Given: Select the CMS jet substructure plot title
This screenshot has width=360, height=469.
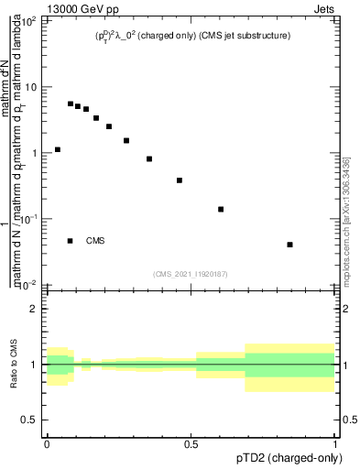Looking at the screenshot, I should click(x=193, y=36).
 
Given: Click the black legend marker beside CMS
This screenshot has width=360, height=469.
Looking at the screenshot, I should click(x=71, y=241).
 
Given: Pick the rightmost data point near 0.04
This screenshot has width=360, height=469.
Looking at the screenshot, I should click(x=290, y=245).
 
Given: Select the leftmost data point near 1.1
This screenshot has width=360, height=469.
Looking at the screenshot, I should click(x=58, y=149).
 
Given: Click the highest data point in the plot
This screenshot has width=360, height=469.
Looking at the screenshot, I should click(x=71, y=104).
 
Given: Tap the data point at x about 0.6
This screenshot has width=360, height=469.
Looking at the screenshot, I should click(x=221, y=209).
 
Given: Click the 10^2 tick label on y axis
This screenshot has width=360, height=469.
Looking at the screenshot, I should click(x=28, y=21).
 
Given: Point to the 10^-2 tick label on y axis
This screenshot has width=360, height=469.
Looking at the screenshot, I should click(x=27, y=285).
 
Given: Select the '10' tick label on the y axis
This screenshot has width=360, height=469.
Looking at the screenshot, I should click(x=30, y=87).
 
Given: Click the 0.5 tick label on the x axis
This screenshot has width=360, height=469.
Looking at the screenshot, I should click(x=191, y=443).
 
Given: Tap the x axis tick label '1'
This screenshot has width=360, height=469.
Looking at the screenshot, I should click(x=336, y=443).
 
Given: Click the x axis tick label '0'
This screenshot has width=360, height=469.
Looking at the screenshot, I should click(x=47, y=443).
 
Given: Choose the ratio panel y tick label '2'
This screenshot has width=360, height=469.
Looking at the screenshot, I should click(x=34, y=309).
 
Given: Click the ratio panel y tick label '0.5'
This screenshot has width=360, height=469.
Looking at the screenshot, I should click(x=29, y=420).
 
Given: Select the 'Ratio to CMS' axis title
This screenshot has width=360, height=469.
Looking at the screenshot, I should click(x=13, y=365).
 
